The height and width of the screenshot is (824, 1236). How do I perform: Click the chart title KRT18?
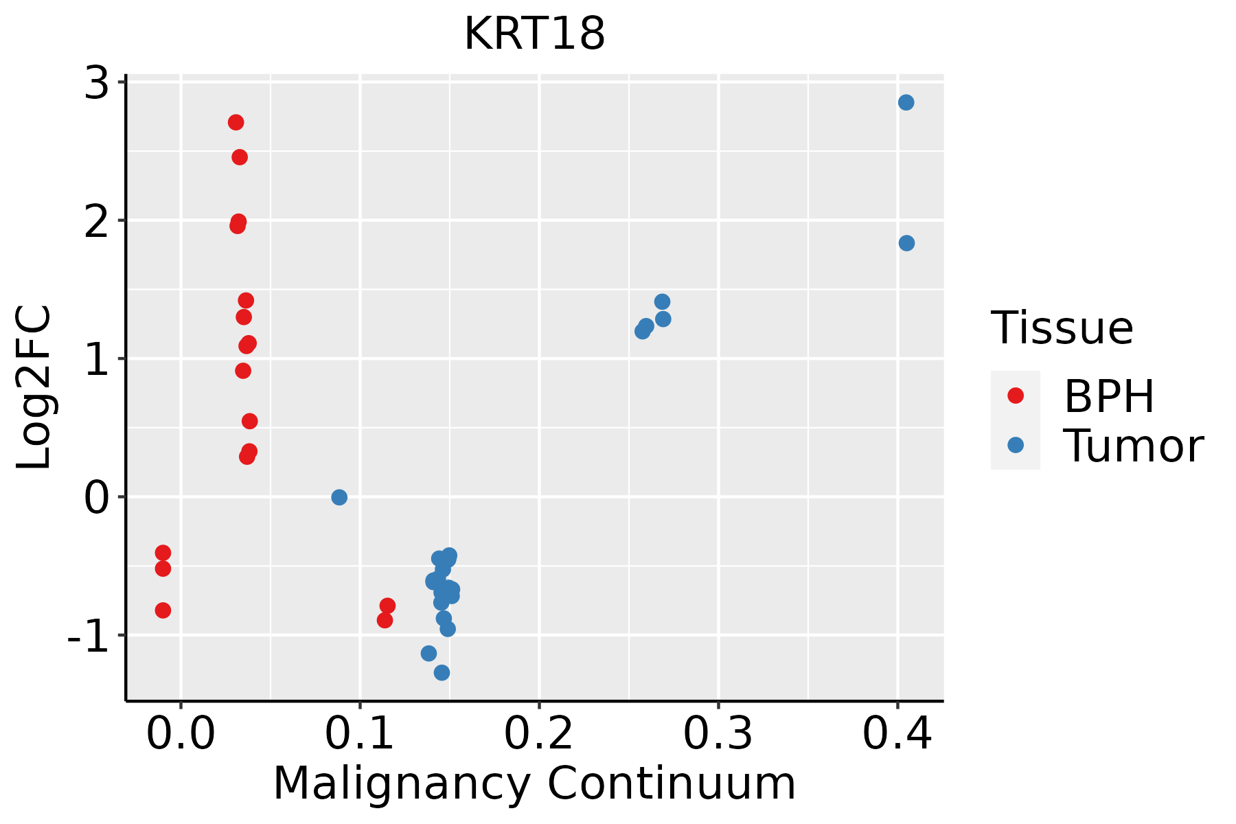pos(534,34)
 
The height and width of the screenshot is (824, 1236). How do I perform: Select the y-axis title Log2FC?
pos(34,388)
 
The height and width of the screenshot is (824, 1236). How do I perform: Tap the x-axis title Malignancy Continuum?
pos(534,783)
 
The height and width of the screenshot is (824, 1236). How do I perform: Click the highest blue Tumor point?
pos(906,102)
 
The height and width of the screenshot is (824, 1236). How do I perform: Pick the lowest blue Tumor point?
pos(442,672)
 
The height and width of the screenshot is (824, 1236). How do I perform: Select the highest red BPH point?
pos(236,122)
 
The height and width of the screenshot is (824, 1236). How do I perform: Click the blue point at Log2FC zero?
pos(339,497)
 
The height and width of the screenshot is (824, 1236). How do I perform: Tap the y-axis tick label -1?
pos(88,638)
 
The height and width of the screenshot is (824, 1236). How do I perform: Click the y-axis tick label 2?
pos(97,222)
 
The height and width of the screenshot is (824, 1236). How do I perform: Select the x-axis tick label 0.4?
pos(897,734)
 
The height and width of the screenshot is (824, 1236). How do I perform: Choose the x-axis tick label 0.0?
pos(181,734)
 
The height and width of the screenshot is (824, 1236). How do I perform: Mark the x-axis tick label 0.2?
pos(539,734)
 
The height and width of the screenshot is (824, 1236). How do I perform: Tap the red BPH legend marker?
pos(1015,396)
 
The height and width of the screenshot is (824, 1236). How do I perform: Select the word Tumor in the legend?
pos(1133,446)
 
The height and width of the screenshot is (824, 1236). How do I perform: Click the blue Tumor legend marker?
pos(1015,446)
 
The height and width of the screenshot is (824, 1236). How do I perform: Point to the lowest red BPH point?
pos(385,620)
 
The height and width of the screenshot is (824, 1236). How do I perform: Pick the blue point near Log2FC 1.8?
pos(906,243)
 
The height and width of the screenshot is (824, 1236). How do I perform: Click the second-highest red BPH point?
pos(240,157)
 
